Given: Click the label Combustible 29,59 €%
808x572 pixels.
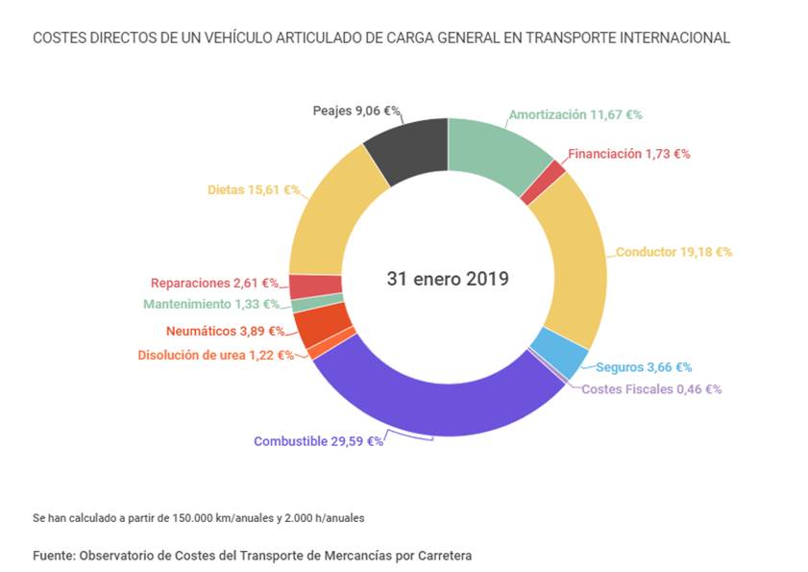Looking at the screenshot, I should click(318, 441).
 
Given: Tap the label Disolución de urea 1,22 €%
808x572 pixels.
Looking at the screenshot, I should click(215, 355).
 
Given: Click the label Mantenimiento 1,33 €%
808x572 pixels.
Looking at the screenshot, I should click(211, 304).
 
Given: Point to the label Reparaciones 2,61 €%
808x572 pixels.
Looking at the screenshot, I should click(214, 284).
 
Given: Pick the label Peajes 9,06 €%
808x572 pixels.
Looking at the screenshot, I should click(356, 111).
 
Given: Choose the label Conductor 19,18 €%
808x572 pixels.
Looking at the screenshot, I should click(673, 252).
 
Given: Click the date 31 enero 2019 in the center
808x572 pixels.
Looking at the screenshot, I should click(448, 279).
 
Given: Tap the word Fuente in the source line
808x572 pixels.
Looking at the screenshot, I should click(53, 556).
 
